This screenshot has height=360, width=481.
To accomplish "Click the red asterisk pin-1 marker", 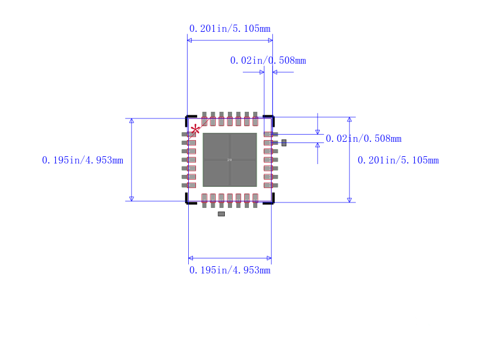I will coord(195,129).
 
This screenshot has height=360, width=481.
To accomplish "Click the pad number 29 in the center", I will coord(229,160).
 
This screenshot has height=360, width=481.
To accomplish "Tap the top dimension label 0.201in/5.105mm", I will coord(230,28).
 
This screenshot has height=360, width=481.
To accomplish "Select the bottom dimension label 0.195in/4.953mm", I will coord(230,270).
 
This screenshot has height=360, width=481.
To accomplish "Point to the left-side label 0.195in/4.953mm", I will coord(82,160).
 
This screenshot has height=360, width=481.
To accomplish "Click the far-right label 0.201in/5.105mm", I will coord(398,160).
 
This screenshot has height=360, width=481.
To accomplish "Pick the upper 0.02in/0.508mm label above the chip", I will coord(268,60).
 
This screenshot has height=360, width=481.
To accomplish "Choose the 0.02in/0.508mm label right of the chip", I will coord(363,139).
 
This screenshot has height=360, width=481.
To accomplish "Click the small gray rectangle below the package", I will coord(221,214).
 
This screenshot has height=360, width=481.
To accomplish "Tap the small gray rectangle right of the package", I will coord(284,142).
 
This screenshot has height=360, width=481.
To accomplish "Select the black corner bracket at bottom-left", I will coord(189,201).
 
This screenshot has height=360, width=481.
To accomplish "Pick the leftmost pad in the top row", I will coord(204,118).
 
